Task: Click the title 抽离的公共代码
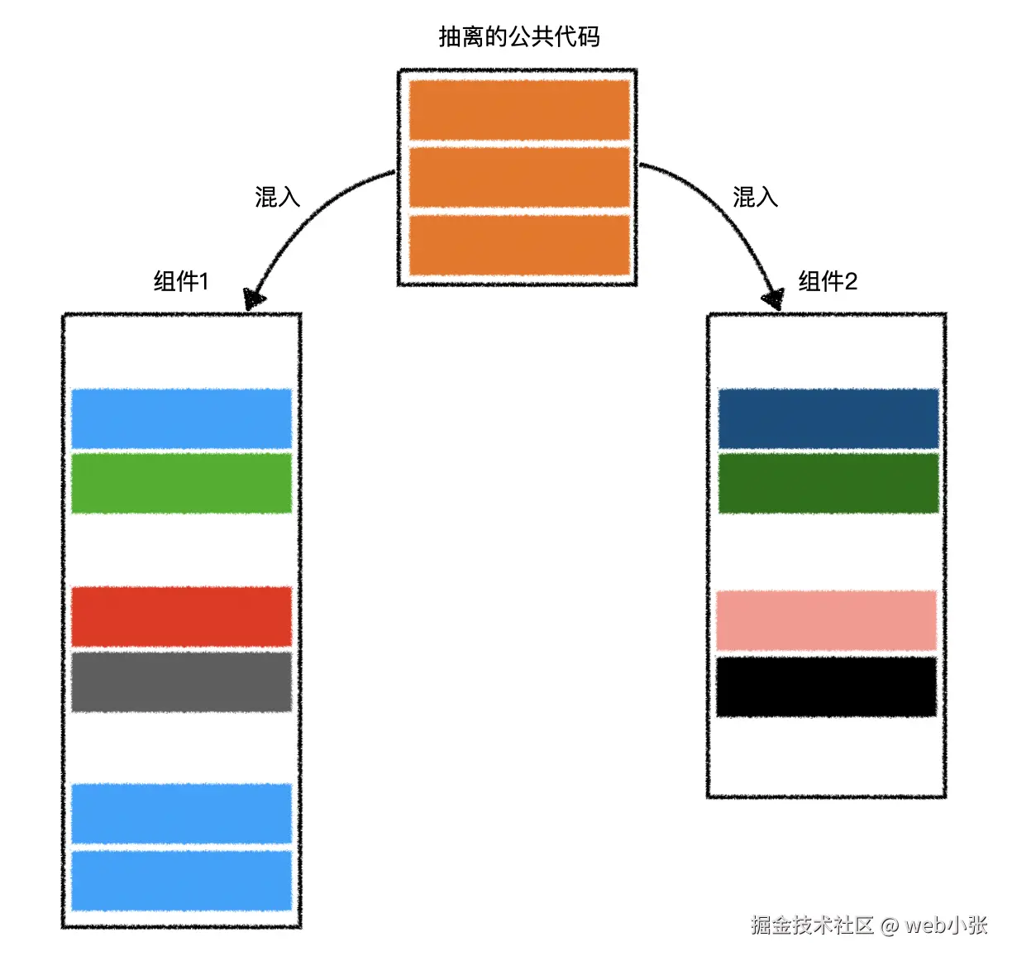pos(518,36)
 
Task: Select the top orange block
pos(519,110)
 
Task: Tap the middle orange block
pos(519,177)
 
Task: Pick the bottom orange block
pos(519,245)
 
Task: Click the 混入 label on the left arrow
pos(277,197)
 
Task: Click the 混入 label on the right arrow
pos(755,197)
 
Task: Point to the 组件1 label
pos(181,281)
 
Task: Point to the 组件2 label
pos(828,281)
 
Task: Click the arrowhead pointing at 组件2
pos(774,299)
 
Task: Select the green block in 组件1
pos(182,483)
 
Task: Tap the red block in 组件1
pos(182,617)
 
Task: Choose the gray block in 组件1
pos(182,682)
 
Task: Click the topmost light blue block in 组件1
pos(182,418)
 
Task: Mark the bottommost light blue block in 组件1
pos(182,882)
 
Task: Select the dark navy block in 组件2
pos(828,418)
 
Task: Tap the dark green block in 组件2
pos(828,483)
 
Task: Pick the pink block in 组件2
pos(827,620)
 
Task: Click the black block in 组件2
pos(827,686)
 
